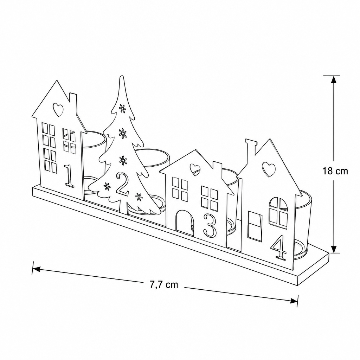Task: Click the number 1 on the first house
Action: [69, 176]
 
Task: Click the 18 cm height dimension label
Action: [335, 171]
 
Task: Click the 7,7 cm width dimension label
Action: [164, 285]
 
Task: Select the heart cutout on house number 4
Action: [269, 169]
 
